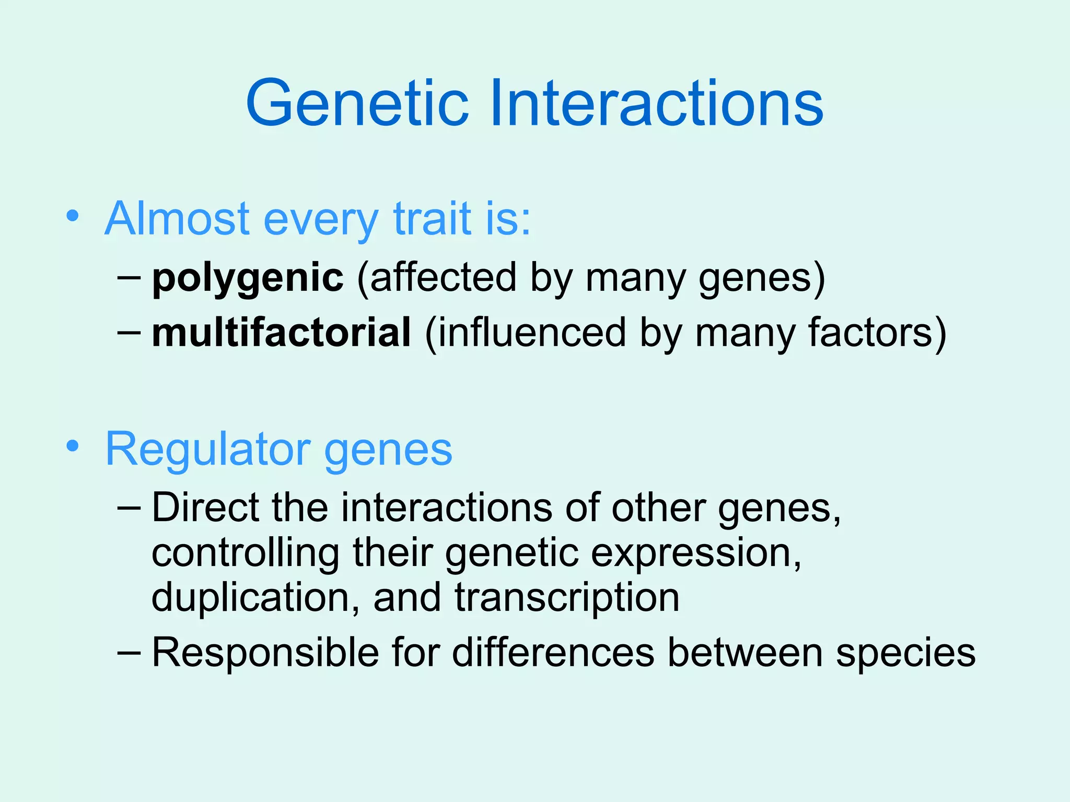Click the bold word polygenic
[x=248, y=278]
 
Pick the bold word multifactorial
[x=281, y=333]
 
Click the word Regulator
[x=208, y=450]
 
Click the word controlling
[x=245, y=553]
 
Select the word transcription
[x=566, y=598]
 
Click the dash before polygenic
[x=129, y=278]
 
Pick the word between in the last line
[x=745, y=652]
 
